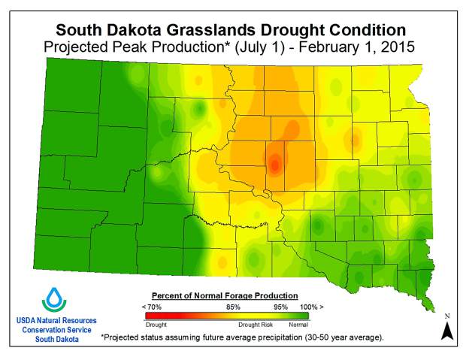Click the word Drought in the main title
coord(297,30)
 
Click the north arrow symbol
coord(447,330)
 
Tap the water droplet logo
coord(54,298)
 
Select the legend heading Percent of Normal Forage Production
coord(225,295)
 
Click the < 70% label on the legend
coord(153,307)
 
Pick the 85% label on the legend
coord(233,307)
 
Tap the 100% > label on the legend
coord(310,307)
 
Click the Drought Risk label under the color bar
coord(256,325)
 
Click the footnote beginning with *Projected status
coord(241,337)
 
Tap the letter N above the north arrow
coord(447,316)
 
